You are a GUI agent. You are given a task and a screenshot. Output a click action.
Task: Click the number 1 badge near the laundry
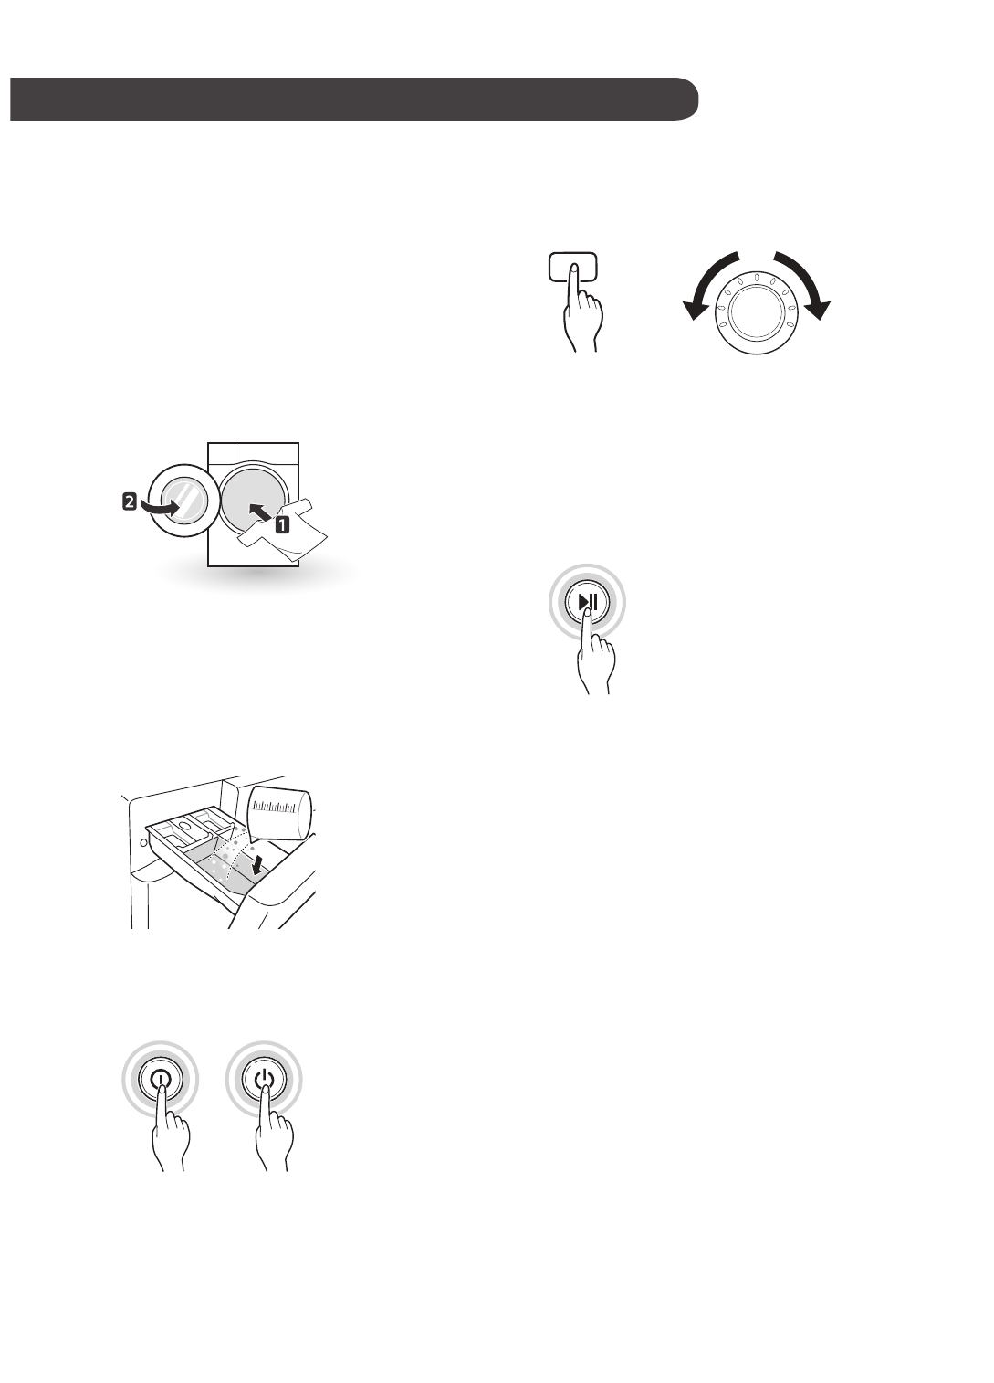283,525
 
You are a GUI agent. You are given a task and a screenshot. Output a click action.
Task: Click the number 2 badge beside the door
130,501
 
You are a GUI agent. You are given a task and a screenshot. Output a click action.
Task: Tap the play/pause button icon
587,602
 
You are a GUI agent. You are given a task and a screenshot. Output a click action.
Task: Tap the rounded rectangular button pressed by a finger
573,267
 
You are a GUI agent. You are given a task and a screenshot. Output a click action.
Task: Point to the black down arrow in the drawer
262,860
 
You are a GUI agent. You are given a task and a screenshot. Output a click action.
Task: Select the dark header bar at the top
354,99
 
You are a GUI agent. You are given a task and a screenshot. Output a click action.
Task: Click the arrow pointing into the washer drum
259,512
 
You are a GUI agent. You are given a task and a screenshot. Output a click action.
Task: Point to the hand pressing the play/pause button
595,662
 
